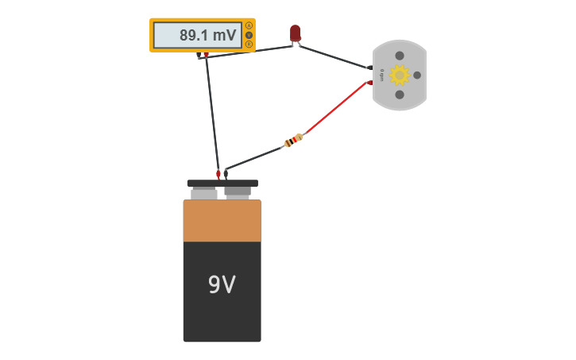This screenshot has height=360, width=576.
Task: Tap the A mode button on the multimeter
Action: click(x=249, y=25)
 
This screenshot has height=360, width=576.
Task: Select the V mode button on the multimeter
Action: click(x=249, y=35)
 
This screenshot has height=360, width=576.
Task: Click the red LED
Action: click(x=296, y=33)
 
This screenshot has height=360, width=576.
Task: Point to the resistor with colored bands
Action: click(x=293, y=141)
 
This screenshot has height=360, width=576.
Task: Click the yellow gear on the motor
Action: click(x=399, y=75)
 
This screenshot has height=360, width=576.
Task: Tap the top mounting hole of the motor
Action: click(x=400, y=56)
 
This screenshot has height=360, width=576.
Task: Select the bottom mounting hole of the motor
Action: click(x=400, y=95)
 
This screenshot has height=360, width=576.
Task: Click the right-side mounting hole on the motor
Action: click(x=417, y=75)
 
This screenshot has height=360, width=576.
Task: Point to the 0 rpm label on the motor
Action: click(x=382, y=75)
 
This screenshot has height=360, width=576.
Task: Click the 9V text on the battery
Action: click(x=222, y=285)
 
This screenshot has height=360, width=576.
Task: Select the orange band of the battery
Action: click(x=222, y=221)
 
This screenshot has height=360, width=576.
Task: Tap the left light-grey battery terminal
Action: click(x=204, y=193)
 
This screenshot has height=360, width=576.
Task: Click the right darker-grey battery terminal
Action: click(x=238, y=192)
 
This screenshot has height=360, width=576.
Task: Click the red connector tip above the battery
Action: click(x=218, y=173)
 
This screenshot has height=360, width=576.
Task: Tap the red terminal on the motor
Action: click(x=369, y=83)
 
